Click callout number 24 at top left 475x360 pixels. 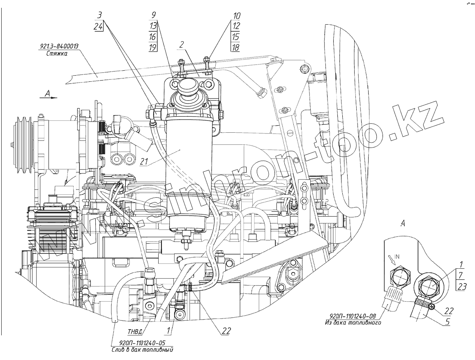[x=98, y=26]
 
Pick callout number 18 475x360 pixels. [x=235, y=48]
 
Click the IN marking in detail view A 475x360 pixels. [x=397, y=257]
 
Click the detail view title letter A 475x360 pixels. [x=403, y=223]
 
